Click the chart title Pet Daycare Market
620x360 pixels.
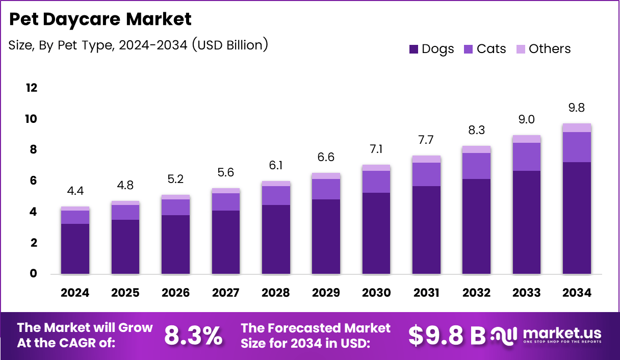coord(100,19)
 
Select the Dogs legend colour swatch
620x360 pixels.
coord(414,49)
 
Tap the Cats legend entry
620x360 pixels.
coord(485,49)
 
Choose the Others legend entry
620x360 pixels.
coord(544,49)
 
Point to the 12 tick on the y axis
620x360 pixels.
coord(32,88)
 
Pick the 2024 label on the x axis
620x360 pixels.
coord(75,293)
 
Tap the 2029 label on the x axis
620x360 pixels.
coord(326,293)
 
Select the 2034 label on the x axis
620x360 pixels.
coord(577,293)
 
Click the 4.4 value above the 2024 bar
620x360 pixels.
coord(75,191)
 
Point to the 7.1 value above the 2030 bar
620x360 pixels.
coord(376,149)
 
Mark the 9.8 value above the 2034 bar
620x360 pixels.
coord(577,108)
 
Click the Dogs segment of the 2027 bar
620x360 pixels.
coord(226,242)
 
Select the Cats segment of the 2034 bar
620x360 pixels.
coord(577,147)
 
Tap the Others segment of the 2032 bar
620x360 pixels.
coord(476,149)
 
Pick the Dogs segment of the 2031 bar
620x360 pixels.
coord(426,230)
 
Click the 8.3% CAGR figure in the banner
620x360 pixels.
coord(193,336)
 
